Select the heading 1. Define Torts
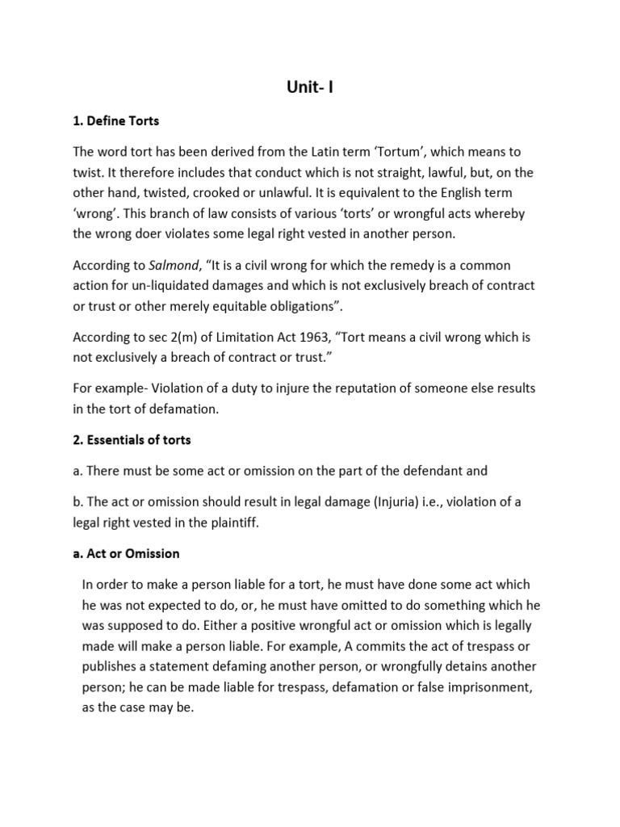[x=116, y=121]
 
